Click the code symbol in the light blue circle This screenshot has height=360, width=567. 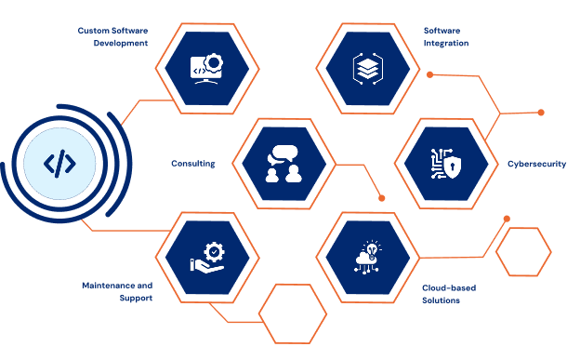point(59,165)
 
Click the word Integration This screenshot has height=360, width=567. point(445,43)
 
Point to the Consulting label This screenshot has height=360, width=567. point(193,163)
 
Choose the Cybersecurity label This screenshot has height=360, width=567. point(535,163)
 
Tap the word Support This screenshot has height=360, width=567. point(136,298)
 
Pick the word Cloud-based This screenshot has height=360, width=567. point(449,287)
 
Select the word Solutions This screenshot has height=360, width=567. point(442,300)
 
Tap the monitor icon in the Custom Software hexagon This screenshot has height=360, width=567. point(202,68)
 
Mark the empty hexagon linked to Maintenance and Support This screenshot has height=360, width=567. point(292,313)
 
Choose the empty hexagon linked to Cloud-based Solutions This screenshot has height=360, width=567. point(523,252)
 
